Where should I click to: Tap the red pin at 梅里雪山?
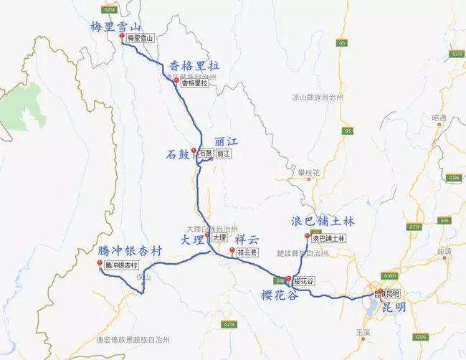pos(123,36)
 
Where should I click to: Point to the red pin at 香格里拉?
pos(176,81)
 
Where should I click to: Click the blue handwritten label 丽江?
pos(223,141)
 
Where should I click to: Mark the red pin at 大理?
pos(207,235)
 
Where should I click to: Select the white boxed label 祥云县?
pos(247,252)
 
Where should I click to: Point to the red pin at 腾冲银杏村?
pos(100,263)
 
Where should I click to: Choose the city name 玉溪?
pos(381,333)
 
